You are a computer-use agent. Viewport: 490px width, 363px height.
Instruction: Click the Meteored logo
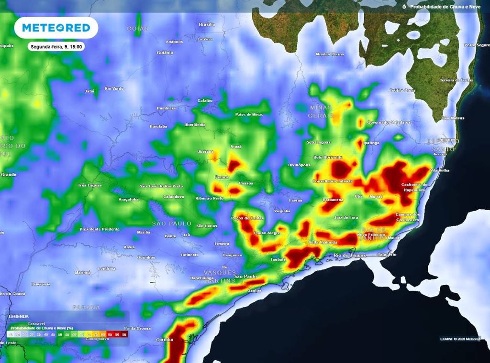pos(56,28)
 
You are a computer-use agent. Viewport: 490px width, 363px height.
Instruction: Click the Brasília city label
pos(207,24)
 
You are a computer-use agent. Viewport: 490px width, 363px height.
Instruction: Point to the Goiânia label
pos(165,53)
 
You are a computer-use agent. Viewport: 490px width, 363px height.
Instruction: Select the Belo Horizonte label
pos(328,157)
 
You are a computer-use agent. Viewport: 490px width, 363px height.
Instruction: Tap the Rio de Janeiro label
pos(350,255)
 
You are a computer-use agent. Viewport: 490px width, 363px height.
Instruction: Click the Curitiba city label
pos(164,340)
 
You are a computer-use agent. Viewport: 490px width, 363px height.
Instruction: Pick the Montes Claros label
pos(330,54)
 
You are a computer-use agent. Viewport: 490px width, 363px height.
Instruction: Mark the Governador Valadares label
pos(389,122)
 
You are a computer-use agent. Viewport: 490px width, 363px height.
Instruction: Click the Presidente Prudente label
pos(100,229)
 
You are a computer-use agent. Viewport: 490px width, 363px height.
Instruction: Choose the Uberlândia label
pos(195,125)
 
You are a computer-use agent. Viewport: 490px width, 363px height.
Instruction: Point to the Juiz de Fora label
pos(346,218)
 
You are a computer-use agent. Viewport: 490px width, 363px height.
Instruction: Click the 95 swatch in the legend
pos(124,335)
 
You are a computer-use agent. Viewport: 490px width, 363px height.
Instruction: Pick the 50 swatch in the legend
pos(60,335)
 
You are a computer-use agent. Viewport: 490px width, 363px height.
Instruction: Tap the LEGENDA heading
pos(19,316)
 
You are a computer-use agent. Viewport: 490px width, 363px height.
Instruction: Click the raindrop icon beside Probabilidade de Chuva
pos(404,7)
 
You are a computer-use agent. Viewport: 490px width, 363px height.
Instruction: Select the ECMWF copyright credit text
pos(460,339)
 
